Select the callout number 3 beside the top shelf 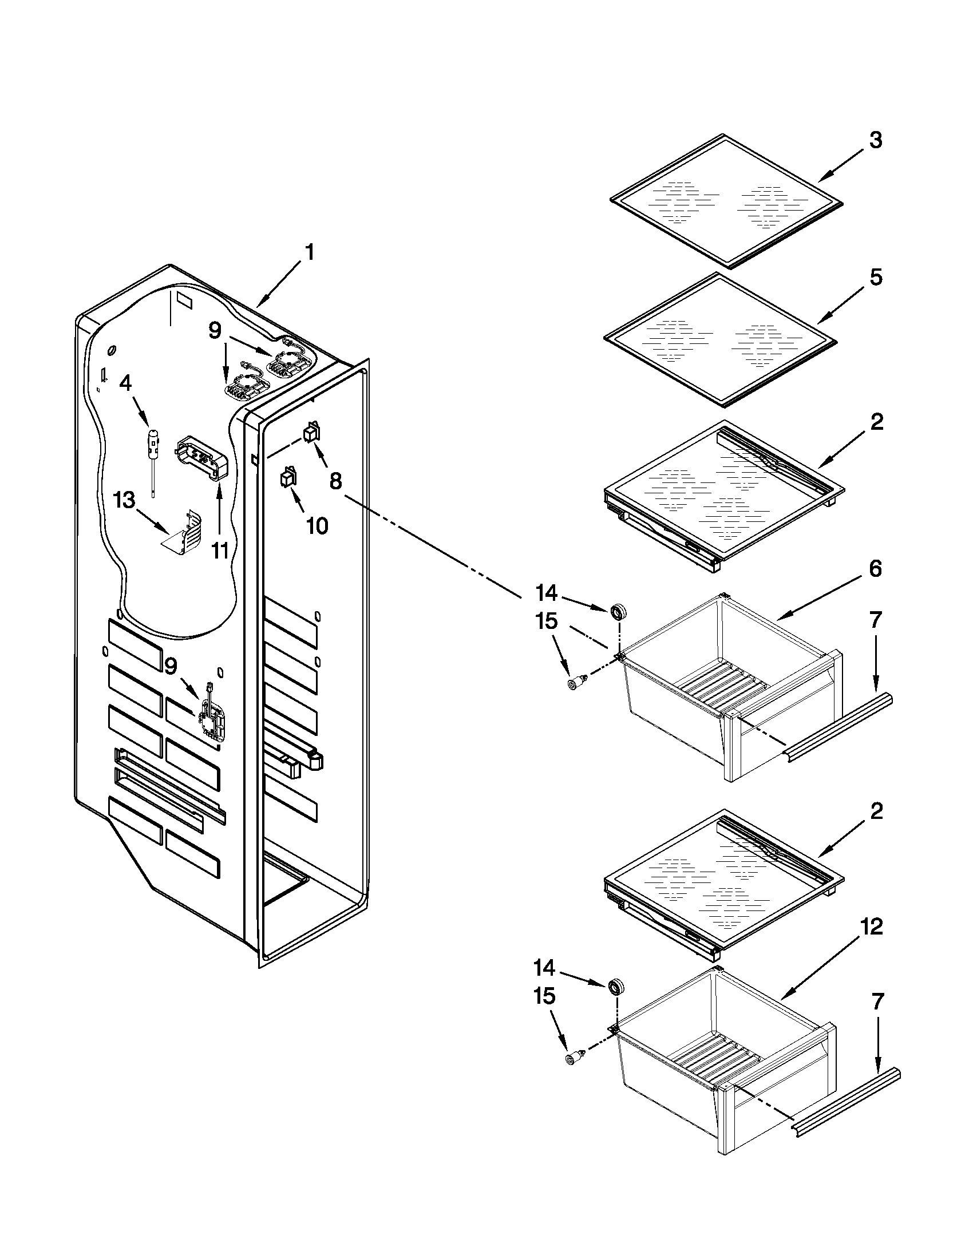tap(875, 140)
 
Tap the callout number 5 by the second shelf tap(875, 278)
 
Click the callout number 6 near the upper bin tap(875, 569)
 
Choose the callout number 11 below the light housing tap(220, 551)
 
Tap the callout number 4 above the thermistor tap(125, 383)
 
